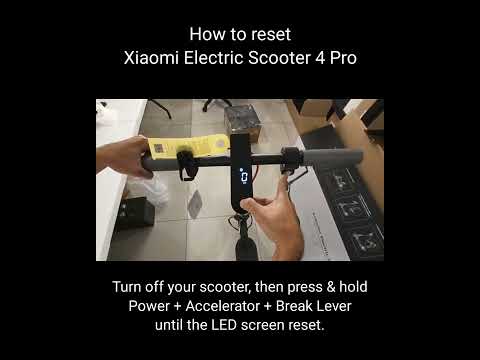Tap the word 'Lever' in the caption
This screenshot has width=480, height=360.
(x=332, y=306)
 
